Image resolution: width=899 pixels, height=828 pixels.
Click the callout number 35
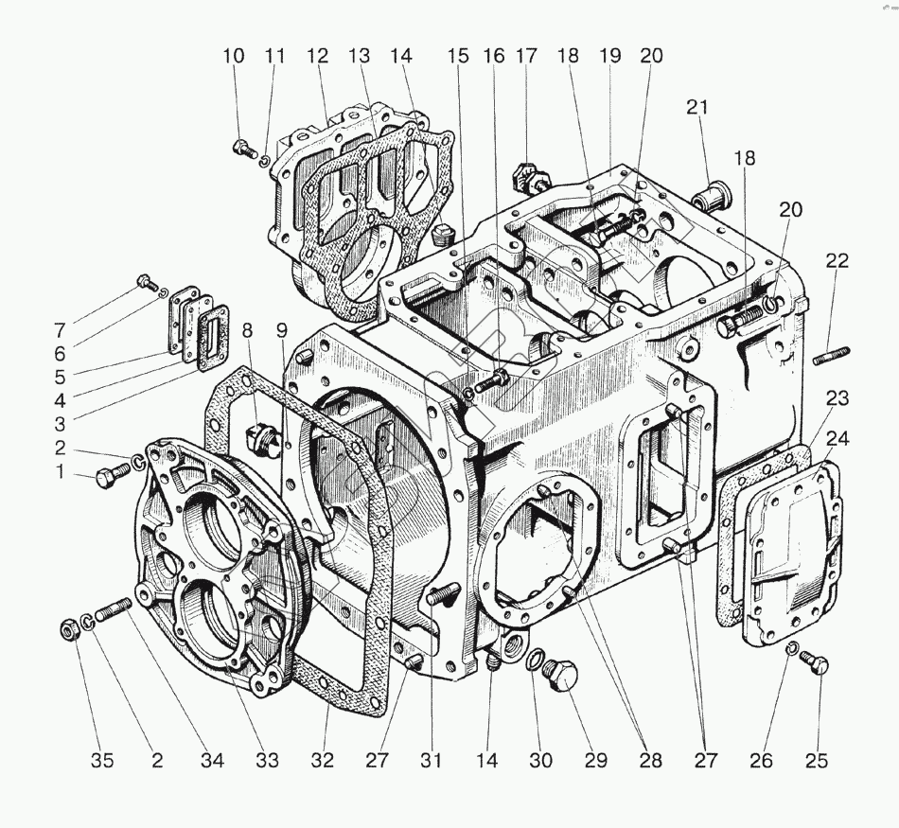(102, 760)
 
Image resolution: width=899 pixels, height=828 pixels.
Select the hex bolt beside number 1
(105, 478)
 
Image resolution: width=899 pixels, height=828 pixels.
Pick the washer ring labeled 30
(534, 659)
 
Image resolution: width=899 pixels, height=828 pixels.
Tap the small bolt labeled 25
(818, 665)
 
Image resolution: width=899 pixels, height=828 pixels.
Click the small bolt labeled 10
(242, 147)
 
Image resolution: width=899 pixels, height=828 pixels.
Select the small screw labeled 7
(147, 280)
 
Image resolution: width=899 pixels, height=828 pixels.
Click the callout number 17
(526, 56)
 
